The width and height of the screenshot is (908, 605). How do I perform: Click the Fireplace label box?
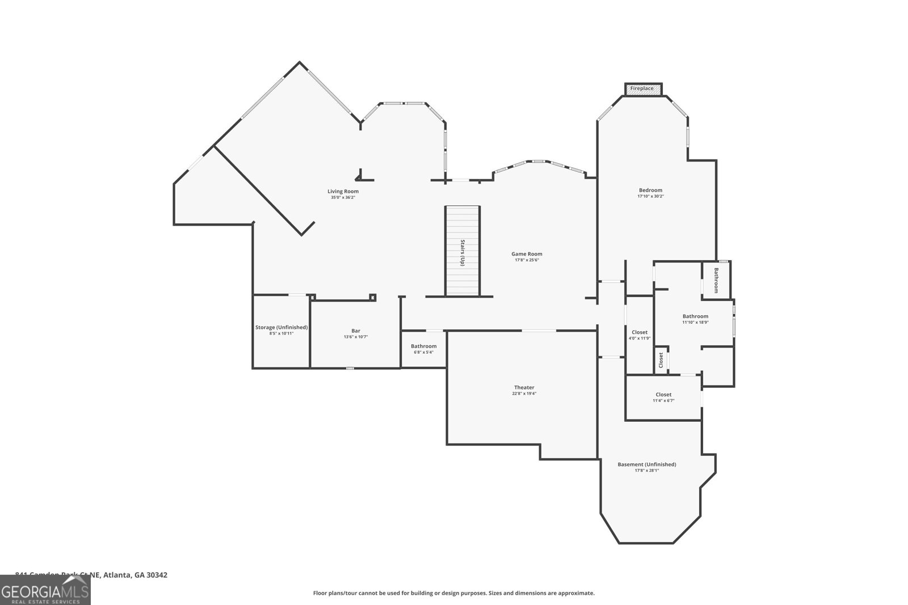pos(643,89)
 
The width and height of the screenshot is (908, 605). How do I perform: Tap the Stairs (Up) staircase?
pos(463,251)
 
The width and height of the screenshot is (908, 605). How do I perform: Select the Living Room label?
pos(343,191)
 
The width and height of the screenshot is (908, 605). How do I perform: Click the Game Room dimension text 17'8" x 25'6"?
pos(527,260)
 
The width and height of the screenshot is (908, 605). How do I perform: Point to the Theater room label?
pos(524,388)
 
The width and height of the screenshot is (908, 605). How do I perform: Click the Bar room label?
pos(356,331)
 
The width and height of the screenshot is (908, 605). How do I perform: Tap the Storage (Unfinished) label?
pos(281,327)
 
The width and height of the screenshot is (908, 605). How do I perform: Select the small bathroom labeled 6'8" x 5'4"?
pos(423,349)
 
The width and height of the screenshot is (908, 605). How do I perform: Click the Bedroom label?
pos(650,190)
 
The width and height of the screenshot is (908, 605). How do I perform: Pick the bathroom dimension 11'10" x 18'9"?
pos(695,323)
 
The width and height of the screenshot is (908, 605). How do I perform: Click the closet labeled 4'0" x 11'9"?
pos(640,335)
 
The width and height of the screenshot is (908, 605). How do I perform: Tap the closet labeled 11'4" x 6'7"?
pos(663,397)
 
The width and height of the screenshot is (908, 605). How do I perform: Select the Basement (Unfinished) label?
pos(646,464)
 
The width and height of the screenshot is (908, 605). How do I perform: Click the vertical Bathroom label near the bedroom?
pos(716,280)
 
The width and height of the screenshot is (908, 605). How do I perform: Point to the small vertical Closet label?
pos(661,360)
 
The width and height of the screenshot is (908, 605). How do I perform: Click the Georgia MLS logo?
pos(45,590)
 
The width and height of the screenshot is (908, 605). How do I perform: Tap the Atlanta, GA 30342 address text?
pos(135,575)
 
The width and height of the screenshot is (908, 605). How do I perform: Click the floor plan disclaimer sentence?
pos(453,593)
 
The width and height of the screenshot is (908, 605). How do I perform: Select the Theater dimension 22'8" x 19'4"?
pos(524,394)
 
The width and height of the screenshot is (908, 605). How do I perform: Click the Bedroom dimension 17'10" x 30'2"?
pos(650,196)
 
